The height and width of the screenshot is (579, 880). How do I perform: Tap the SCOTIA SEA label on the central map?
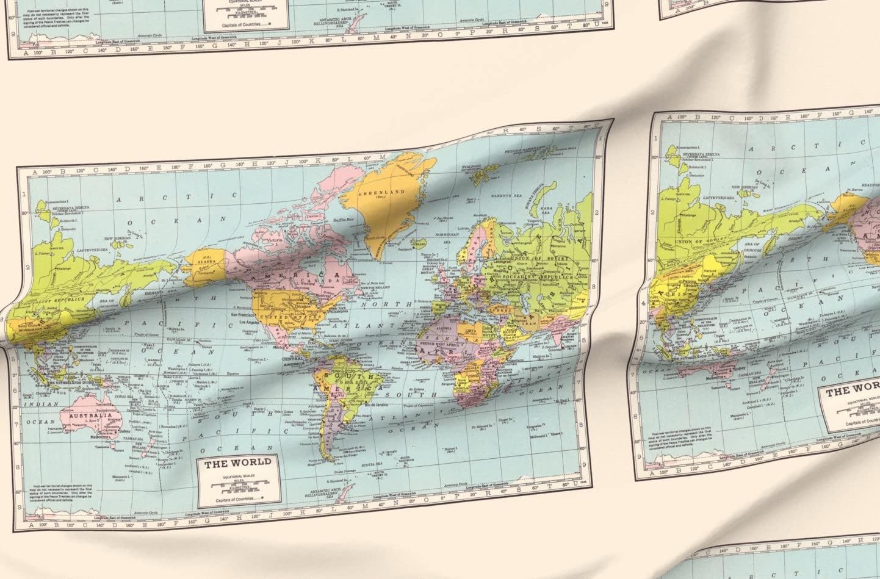[370, 465]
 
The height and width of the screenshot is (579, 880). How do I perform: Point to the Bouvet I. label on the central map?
[450, 450]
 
